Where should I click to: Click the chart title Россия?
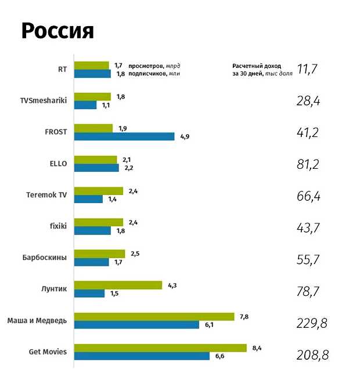tap(57, 31)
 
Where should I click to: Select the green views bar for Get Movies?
tap(160, 348)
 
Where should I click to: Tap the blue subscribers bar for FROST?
tap(124, 136)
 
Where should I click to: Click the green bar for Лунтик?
tap(118, 285)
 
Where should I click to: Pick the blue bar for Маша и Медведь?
tap(136, 324)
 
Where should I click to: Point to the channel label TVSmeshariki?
tap(44, 100)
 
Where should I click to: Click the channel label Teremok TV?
tap(46, 194)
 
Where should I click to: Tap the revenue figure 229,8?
tap(311, 323)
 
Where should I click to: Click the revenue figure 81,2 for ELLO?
tap(308, 165)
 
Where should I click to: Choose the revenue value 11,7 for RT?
tap(308, 70)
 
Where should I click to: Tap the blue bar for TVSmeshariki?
tap(85, 105)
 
